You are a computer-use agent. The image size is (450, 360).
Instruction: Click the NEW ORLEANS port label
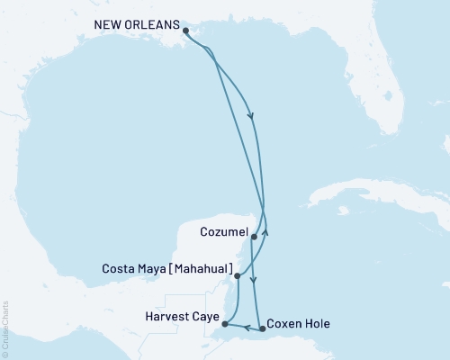point(138,24)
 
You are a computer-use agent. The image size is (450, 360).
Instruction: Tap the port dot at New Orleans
point(185,31)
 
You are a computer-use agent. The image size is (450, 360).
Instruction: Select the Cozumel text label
point(222,232)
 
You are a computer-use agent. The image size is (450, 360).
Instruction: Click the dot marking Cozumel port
point(255,237)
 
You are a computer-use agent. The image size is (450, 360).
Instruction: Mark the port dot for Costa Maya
point(237,275)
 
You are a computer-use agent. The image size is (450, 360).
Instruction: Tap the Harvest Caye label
point(179,316)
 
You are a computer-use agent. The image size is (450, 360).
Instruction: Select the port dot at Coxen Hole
point(262,328)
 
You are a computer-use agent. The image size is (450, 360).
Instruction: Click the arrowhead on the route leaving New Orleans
point(251,115)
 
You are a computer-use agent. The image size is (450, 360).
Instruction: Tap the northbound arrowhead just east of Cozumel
point(265,232)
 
